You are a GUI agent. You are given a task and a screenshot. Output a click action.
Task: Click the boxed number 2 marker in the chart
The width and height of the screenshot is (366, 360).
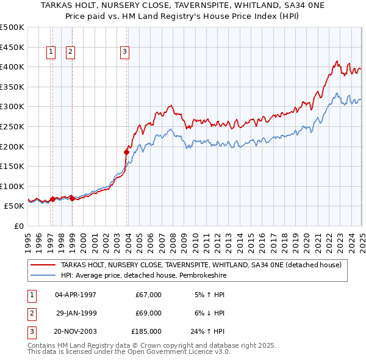71,52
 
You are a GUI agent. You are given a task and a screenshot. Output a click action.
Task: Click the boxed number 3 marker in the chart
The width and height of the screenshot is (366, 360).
124,52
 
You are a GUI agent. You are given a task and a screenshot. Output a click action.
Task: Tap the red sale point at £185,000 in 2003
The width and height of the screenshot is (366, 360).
127,152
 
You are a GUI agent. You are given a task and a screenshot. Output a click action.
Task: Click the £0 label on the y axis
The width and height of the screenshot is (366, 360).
20,226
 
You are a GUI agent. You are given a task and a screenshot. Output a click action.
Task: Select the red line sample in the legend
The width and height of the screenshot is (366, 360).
43,265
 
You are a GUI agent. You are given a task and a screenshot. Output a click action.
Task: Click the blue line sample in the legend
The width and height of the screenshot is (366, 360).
43,275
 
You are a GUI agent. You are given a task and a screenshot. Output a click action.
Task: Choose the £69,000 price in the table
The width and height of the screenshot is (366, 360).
148,313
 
